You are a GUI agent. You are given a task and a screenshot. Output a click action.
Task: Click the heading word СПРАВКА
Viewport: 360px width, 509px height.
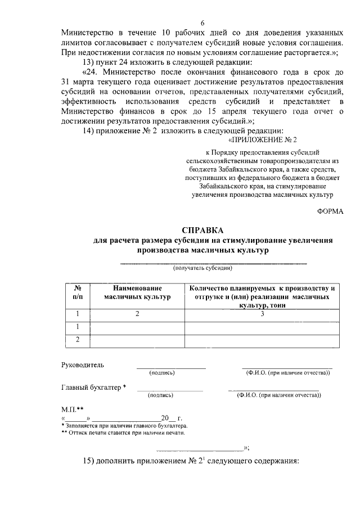pyautogui.click(x=202, y=230)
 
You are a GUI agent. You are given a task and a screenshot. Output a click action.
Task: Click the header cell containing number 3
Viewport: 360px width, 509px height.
pyautogui.click(x=262, y=314)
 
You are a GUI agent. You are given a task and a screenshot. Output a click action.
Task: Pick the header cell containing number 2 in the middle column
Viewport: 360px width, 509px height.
pyautogui.click(x=137, y=314)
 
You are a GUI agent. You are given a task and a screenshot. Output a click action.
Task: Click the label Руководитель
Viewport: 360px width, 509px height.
pyautogui.click(x=83, y=364)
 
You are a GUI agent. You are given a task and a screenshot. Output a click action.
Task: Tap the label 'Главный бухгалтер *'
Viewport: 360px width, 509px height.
pyautogui.click(x=93, y=387)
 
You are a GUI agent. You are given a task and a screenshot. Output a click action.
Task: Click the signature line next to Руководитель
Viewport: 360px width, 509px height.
pyautogui.click(x=171, y=368)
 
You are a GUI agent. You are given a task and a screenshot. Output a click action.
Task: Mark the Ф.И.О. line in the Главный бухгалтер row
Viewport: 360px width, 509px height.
pyautogui.click(x=273, y=390)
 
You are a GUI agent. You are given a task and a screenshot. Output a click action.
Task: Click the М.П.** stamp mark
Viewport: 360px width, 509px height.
pyautogui.click(x=72, y=409)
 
